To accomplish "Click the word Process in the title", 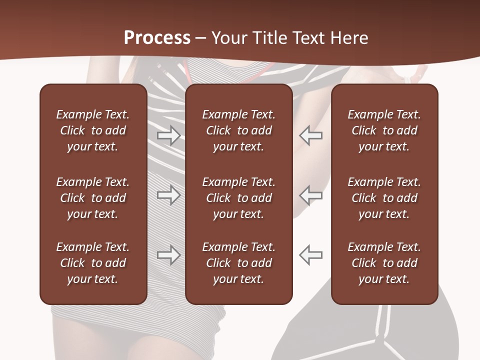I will [157, 38].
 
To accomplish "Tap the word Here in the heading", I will [348, 38].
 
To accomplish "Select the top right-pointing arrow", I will [168, 135].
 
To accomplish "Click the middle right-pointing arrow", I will [168, 195].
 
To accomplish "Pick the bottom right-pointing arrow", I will [168, 255].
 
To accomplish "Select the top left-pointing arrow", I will [310, 135].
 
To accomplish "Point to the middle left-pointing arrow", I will [310, 195].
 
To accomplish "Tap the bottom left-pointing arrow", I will [310, 255].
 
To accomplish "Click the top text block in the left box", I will [93, 130].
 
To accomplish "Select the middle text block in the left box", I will [93, 198].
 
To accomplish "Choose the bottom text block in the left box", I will [93, 263].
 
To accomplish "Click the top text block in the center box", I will [239, 130].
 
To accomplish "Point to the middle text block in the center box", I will [239, 198].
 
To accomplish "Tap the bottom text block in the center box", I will [239, 263].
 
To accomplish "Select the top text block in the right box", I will [384, 130].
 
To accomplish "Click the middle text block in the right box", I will [384, 198].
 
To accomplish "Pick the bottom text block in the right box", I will [384, 263].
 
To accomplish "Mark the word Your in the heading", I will [229, 38].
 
